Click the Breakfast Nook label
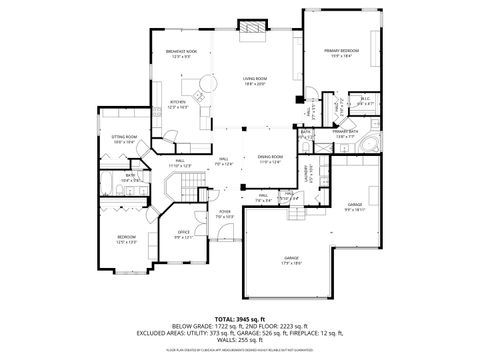(x=180, y=54)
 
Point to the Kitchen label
(x=177, y=104)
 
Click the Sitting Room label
(x=124, y=140)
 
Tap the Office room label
(x=182, y=235)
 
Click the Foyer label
(x=226, y=214)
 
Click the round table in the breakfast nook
(x=207, y=83)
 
